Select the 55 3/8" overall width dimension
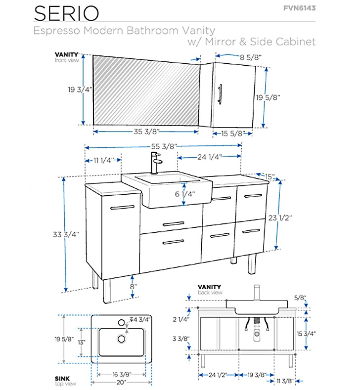(x=163, y=146)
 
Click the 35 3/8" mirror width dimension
(x=146, y=132)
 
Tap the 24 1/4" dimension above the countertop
(x=209, y=157)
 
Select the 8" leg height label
(x=133, y=286)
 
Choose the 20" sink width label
(x=122, y=382)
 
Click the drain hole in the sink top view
(x=121, y=339)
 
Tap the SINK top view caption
(x=62, y=380)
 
